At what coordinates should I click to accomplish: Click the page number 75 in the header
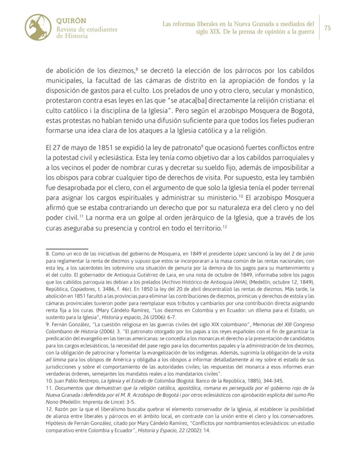[x=327, y=28]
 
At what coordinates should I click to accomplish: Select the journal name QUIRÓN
[x=72, y=21]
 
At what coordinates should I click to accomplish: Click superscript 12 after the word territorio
[x=224, y=227]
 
